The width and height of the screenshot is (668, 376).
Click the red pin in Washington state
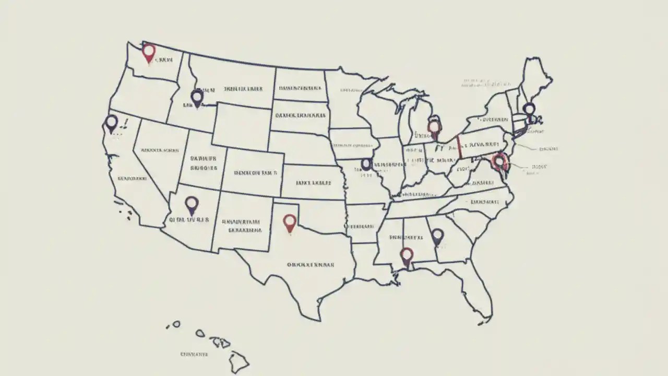(x=149, y=52)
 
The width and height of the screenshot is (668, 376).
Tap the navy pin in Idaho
(x=197, y=97)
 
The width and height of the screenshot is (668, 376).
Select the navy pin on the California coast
(x=111, y=123)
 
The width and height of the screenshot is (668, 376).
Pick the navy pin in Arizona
(x=192, y=204)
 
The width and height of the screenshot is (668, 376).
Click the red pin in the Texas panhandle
(x=290, y=222)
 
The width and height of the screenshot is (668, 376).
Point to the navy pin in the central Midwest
(x=366, y=164)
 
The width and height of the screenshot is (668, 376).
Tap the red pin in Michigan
(x=434, y=127)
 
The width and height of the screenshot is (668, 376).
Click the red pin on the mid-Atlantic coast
(x=499, y=161)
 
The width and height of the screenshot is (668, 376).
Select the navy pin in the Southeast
(x=437, y=237)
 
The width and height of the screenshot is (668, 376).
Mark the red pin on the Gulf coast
(x=407, y=255)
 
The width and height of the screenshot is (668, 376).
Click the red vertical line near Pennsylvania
(x=459, y=146)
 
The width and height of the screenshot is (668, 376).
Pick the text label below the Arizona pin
(x=188, y=220)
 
